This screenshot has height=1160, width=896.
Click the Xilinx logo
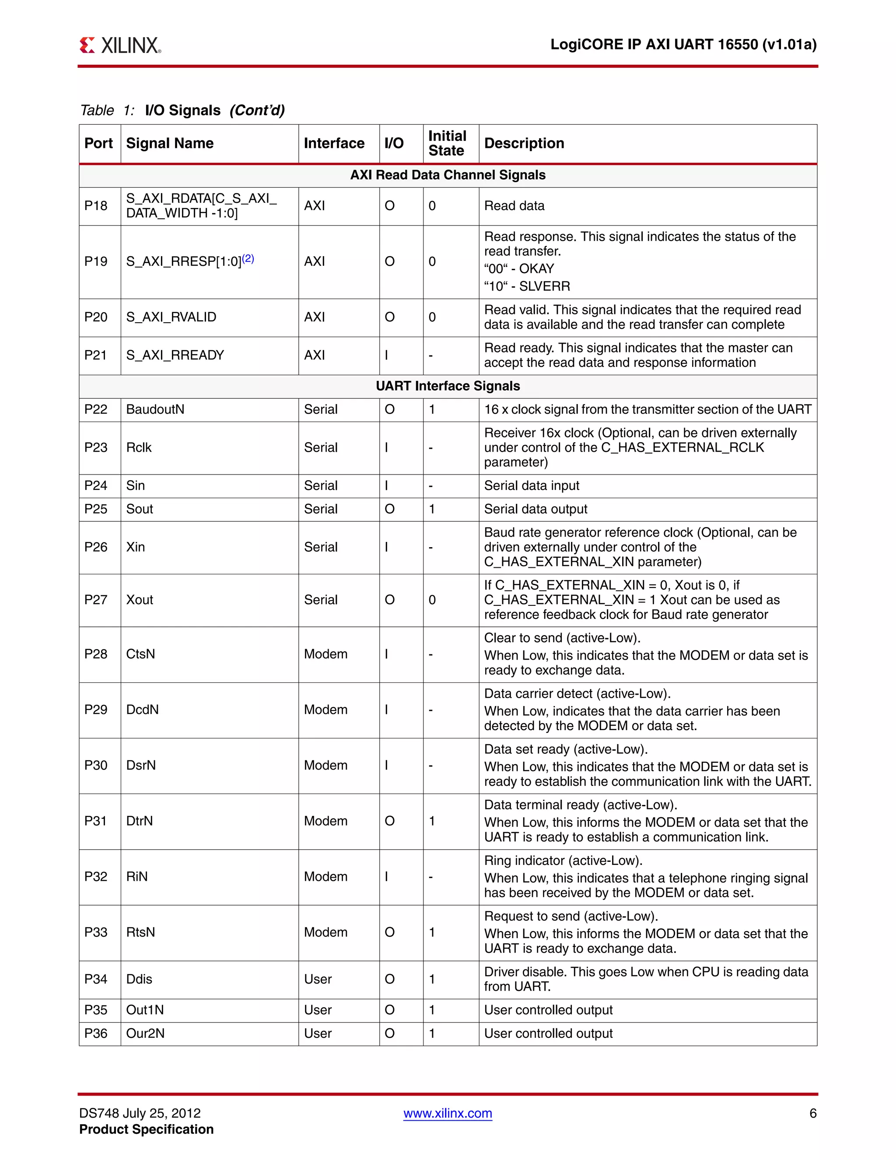coord(120,45)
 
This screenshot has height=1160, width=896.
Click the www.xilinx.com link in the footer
coord(448,1113)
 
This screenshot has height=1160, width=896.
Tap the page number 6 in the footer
coord(812,1113)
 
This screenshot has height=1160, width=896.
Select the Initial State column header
coord(447,144)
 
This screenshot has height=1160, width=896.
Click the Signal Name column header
coord(170,144)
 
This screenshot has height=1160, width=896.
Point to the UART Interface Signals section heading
coord(448,386)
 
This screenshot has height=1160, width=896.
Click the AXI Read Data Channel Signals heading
coord(448,175)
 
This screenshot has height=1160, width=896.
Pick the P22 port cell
coord(96,410)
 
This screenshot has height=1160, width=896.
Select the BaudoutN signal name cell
coord(155,410)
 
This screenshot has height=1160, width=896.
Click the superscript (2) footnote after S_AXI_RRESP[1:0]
coord(248,259)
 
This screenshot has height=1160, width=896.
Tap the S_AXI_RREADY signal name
coord(175,355)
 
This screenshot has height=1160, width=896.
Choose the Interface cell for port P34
coord(318,979)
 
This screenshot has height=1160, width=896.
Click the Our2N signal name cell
coord(145,1033)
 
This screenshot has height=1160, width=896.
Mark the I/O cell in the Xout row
coord(390,600)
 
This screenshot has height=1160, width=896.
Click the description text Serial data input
coord(531,485)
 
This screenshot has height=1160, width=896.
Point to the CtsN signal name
coord(141,654)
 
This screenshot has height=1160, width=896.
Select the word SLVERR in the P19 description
coord(545,286)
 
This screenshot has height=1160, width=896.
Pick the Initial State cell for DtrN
coord(432,821)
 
